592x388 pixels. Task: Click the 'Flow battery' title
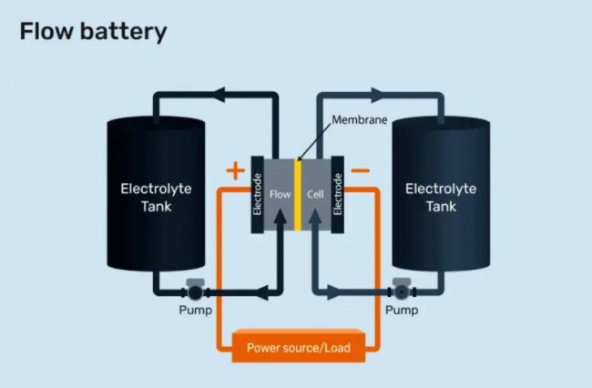pos(93,33)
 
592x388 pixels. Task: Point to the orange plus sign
pos(235,169)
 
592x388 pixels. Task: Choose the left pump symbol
pos(194,293)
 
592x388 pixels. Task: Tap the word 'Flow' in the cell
pos(279,194)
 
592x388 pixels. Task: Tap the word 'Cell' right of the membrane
pos(316,194)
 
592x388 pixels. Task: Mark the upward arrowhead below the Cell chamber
pos(317,240)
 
